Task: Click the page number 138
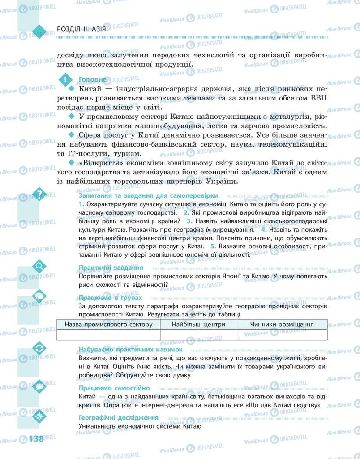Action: tap(36, 438)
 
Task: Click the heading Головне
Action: tap(93, 79)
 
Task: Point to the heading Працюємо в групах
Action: tap(110, 297)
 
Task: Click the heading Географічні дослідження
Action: tap(118, 418)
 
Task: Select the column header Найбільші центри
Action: tap(198, 324)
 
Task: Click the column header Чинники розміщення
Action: tap(282, 324)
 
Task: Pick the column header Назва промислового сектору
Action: tap(108, 324)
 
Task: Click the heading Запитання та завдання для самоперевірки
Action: tap(148, 196)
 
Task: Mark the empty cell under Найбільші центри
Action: tap(198, 335)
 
